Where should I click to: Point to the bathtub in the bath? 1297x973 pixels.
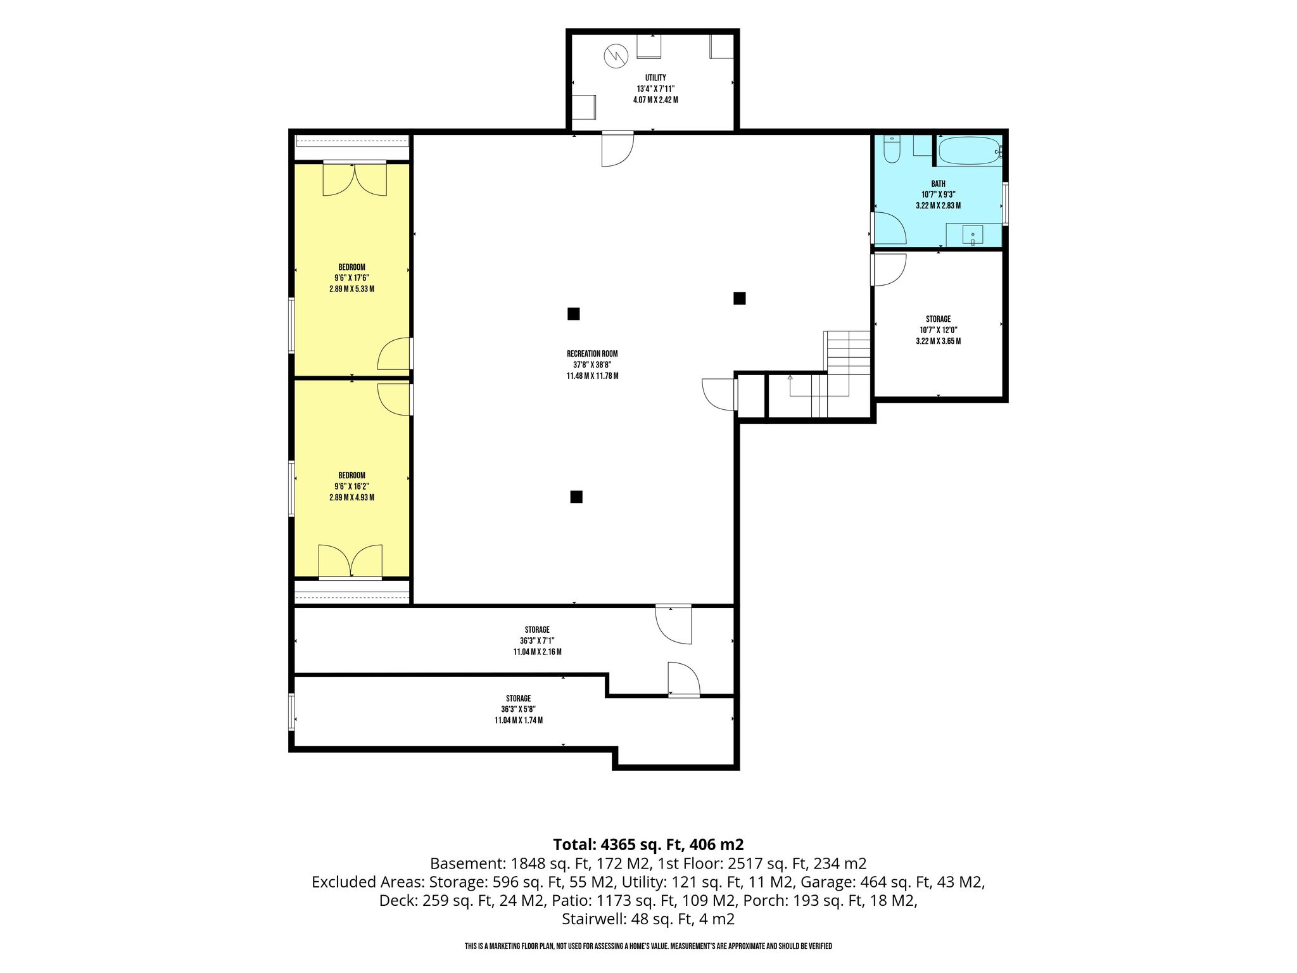(968, 151)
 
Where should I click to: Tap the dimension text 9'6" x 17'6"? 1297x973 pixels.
(351, 278)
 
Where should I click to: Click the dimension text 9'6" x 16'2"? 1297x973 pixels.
(351, 486)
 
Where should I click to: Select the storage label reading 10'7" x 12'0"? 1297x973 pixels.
(938, 330)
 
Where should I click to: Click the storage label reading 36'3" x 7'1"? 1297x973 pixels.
(537, 640)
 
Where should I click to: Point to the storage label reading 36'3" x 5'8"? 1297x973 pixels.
(519, 709)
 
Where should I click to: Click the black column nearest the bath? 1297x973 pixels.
(739, 298)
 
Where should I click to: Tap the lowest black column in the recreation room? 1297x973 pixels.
(576, 497)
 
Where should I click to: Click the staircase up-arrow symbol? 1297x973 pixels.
(790, 378)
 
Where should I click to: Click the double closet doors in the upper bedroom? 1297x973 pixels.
(355, 179)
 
